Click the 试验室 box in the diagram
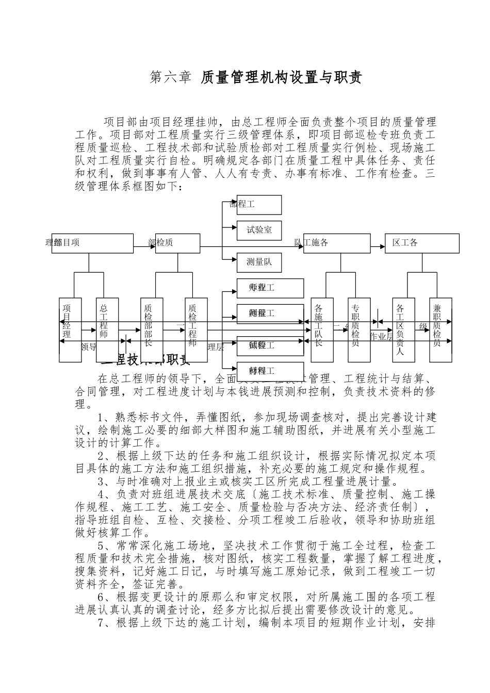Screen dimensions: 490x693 (x=259, y=230)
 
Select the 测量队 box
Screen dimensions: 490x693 (x=259, y=262)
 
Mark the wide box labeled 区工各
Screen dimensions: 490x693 (x=422, y=243)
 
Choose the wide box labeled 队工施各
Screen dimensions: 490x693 (x=336, y=243)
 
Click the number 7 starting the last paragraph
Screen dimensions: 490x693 (x=101, y=623)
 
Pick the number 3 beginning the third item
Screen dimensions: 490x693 (x=101, y=482)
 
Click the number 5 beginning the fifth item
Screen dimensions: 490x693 (x=101, y=546)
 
